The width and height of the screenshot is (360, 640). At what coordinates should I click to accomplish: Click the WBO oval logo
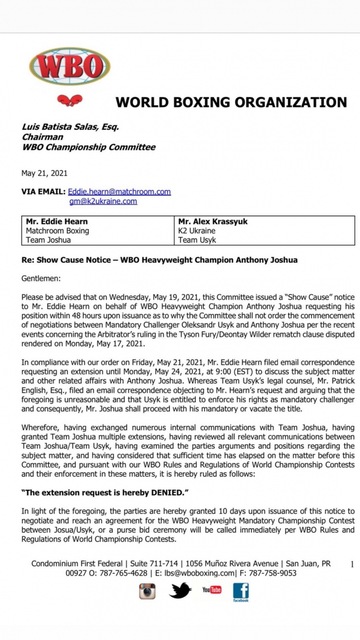(69, 66)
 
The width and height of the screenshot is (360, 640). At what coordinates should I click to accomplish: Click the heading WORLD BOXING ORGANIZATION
(231, 102)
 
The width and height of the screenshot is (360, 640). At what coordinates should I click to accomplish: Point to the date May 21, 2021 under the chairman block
(44, 173)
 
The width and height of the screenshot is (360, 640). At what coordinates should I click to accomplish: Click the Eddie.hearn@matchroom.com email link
(119, 192)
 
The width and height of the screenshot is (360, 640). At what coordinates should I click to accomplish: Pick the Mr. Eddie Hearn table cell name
(57, 221)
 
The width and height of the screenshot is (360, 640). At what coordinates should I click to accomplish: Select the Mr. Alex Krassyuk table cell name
(213, 221)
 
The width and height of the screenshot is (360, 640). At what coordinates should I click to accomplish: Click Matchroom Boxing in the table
(57, 231)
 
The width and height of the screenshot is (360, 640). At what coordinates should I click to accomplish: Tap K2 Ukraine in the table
(197, 231)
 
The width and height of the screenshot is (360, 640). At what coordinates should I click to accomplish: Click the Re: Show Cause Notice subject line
(160, 259)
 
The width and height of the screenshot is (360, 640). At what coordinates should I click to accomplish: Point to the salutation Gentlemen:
(41, 278)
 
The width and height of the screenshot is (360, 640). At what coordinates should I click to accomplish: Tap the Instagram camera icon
(147, 591)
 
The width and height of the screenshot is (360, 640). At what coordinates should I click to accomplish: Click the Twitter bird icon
(181, 590)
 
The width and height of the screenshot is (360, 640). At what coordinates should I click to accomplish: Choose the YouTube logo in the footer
(212, 590)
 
